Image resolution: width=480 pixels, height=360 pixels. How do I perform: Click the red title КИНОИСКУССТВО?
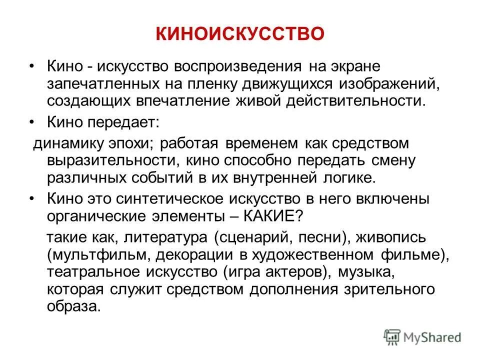pyautogui.click(x=240, y=34)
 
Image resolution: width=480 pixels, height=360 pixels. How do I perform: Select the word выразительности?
pyautogui.click(x=109, y=161)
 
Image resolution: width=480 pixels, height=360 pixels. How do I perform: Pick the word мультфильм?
pyautogui.click(x=97, y=255)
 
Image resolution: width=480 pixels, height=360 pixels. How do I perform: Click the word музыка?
pyautogui.click(x=366, y=272)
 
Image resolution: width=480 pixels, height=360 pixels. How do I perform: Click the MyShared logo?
pyautogui.click(x=423, y=337)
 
